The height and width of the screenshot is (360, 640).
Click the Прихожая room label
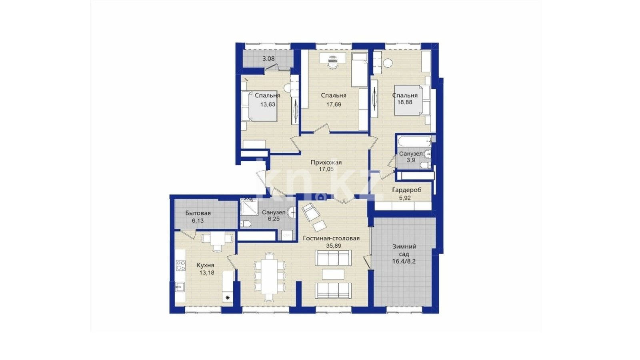[326, 162]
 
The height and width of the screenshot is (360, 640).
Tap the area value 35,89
[334, 246]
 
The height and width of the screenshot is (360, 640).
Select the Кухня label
[206, 266]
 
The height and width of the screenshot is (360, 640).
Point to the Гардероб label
[406, 190]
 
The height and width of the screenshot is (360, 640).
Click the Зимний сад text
[404, 250]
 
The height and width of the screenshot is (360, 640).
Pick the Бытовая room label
[198, 213]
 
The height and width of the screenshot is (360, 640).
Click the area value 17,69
[334, 104]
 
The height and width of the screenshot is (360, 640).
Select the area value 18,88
[405, 102]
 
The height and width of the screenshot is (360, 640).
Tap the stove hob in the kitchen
[180, 266]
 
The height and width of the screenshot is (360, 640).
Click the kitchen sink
[180, 286]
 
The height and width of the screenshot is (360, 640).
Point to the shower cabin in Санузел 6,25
[249, 207]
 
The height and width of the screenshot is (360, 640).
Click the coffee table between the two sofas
[333, 274]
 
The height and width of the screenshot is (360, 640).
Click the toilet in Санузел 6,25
[246, 224]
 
